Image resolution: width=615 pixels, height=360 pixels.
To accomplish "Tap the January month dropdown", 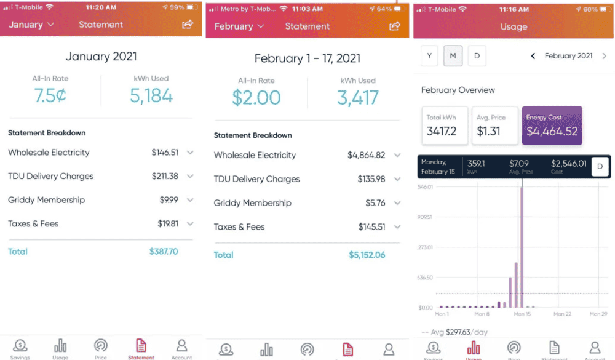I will point(31,25).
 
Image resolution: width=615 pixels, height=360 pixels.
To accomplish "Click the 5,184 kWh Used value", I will point(151,95).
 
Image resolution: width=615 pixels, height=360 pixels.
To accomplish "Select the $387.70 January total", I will point(164,252).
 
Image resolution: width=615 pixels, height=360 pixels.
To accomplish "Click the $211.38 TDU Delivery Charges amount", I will point(165,176).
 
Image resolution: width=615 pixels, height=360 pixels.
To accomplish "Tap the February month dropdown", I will point(239,26).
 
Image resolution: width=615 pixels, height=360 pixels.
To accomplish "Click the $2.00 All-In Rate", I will point(256,98).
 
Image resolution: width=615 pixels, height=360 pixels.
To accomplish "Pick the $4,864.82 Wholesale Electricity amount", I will point(366,155).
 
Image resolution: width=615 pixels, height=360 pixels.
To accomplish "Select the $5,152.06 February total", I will point(367,255).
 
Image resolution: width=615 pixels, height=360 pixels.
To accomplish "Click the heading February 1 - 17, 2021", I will point(307,58).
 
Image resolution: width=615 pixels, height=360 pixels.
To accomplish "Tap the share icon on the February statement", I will point(395,26).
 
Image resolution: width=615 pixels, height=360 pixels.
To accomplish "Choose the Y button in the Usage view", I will point(429,56).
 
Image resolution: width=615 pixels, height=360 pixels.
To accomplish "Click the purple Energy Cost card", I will point(552,126).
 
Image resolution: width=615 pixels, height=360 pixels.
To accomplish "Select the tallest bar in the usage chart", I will point(522,246).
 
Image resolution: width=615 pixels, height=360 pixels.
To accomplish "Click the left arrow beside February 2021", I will point(533,56).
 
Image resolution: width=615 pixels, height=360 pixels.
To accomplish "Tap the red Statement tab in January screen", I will point(141,348).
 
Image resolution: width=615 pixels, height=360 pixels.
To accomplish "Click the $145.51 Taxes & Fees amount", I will point(371,227).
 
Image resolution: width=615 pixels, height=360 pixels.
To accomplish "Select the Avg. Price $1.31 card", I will point(494,126).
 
